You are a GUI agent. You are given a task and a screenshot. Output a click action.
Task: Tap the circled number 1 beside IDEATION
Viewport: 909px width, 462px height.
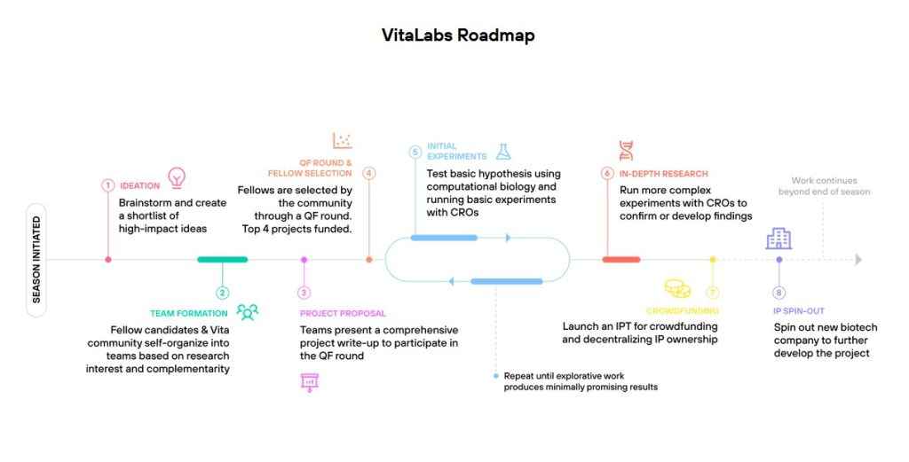(x=108, y=185)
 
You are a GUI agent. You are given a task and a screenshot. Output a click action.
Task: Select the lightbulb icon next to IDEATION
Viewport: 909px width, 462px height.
(x=178, y=176)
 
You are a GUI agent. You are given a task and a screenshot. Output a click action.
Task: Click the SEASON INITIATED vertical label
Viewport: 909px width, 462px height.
(x=36, y=260)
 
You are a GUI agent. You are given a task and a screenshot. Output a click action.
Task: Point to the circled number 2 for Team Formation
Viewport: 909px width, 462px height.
(x=222, y=293)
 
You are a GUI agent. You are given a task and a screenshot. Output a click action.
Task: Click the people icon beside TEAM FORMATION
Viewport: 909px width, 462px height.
(x=248, y=311)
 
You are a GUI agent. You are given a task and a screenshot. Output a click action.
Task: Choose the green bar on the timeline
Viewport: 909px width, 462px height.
(x=222, y=260)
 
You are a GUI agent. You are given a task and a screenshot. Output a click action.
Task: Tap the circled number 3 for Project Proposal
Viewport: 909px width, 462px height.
(x=304, y=293)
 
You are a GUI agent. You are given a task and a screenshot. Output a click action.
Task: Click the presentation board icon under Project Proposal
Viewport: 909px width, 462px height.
(x=310, y=382)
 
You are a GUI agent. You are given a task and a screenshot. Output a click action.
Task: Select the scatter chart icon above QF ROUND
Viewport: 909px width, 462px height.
(x=343, y=140)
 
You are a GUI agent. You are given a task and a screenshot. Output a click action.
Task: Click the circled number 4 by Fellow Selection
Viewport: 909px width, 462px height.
(x=369, y=174)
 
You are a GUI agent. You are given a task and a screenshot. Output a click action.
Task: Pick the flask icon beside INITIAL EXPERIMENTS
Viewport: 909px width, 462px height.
(x=504, y=152)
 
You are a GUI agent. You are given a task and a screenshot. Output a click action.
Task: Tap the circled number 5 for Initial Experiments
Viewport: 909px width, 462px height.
(x=415, y=152)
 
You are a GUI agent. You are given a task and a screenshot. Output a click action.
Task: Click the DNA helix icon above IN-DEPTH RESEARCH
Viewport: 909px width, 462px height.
(x=627, y=150)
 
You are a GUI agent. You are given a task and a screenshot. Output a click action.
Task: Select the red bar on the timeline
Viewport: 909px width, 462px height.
(x=621, y=260)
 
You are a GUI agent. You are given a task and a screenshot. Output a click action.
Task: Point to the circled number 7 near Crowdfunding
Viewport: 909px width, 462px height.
(x=712, y=293)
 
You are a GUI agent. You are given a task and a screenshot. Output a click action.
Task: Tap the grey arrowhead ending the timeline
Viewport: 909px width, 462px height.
(x=858, y=260)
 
